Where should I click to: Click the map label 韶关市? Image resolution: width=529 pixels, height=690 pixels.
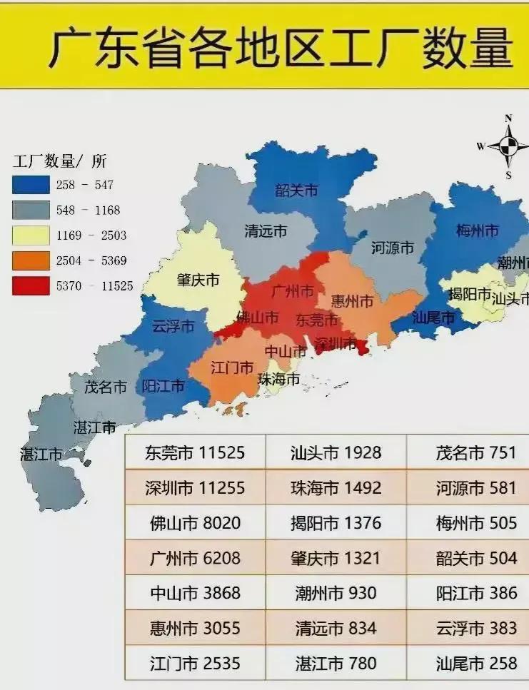(296, 191)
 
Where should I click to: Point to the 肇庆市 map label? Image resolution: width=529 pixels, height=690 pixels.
(198, 280)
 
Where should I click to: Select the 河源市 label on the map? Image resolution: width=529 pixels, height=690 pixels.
(393, 248)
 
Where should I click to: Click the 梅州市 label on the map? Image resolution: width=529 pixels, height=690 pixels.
(477, 230)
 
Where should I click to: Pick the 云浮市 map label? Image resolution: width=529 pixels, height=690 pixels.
(173, 327)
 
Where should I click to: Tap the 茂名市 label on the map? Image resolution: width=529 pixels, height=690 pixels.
(105, 387)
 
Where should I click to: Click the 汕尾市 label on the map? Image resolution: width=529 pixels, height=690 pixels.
(433, 318)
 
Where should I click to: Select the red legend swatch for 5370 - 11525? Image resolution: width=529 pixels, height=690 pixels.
(30, 286)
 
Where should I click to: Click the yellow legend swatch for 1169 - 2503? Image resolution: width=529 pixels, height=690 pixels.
(30, 235)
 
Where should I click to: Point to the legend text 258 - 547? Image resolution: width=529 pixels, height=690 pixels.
(84, 186)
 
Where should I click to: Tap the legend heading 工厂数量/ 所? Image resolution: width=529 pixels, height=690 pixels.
(59, 162)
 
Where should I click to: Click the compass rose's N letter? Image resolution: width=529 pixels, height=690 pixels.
(508, 118)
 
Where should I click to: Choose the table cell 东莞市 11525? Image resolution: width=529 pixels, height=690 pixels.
(195, 452)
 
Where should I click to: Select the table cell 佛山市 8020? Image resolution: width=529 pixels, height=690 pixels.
(195, 523)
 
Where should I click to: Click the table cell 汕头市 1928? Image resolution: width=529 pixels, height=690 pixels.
(336, 452)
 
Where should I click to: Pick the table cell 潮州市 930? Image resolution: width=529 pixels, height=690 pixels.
(336, 593)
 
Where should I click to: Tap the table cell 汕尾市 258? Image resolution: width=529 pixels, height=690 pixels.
(476, 664)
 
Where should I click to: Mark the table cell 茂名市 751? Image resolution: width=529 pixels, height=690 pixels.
(476, 452)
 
